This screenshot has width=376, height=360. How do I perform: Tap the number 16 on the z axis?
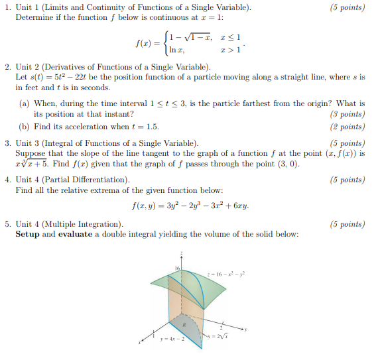[x=177, y=267]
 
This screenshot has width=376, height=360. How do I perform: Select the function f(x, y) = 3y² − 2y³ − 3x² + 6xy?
[x=192, y=206]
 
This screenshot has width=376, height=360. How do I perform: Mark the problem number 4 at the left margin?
[x=7, y=180]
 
